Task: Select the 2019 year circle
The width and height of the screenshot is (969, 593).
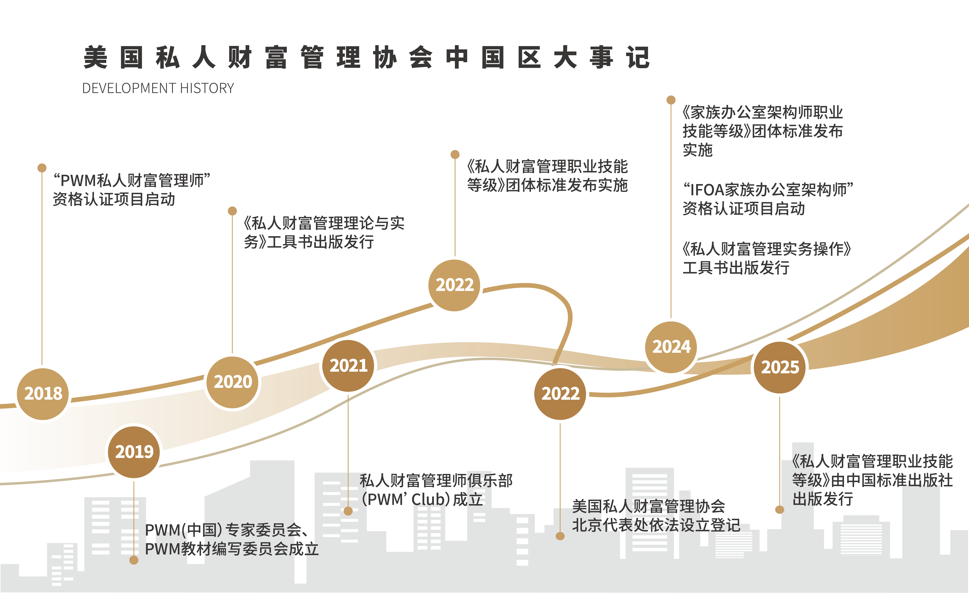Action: click(x=134, y=452)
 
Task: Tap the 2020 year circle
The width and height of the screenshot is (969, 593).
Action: click(x=233, y=382)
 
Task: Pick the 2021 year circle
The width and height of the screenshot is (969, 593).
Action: click(x=348, y=366)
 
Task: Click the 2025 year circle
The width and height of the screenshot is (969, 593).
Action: click(x=780, y=367)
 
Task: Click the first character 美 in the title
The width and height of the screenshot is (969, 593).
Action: click(x=96, y=57)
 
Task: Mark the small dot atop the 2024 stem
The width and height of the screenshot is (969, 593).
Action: click(x=671, y=100)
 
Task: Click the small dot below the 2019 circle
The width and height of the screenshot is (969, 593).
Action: click(x=134, y=560)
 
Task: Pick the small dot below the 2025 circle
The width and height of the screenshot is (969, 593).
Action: click(x=779, y=510)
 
